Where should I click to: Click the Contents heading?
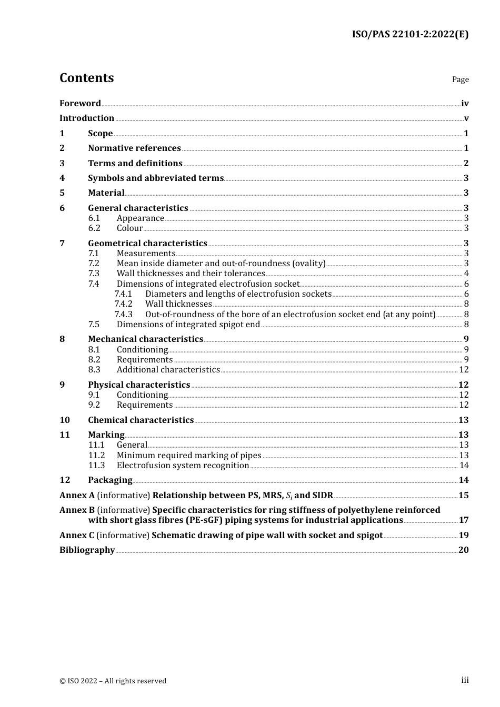point(86,78)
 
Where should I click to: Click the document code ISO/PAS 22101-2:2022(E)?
point(410,35)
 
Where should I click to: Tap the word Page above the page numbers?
point(460,79)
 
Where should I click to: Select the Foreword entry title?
point(80,104)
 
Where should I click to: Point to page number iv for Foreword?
point(465,104)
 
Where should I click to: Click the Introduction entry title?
point(87,118)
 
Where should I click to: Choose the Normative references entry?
point(134,148)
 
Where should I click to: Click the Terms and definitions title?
point(135,164)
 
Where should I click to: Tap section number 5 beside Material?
point(62,193)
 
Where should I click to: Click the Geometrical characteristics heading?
point(147,244)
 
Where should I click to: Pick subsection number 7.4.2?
point(123,304)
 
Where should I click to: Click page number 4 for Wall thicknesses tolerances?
point(466,274)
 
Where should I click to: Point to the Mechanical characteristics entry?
point(145,339)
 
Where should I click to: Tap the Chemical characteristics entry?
point(141,420)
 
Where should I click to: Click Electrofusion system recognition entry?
point(183,466)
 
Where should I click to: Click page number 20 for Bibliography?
point(463,550)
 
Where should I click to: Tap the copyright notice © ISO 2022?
point(113,681)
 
